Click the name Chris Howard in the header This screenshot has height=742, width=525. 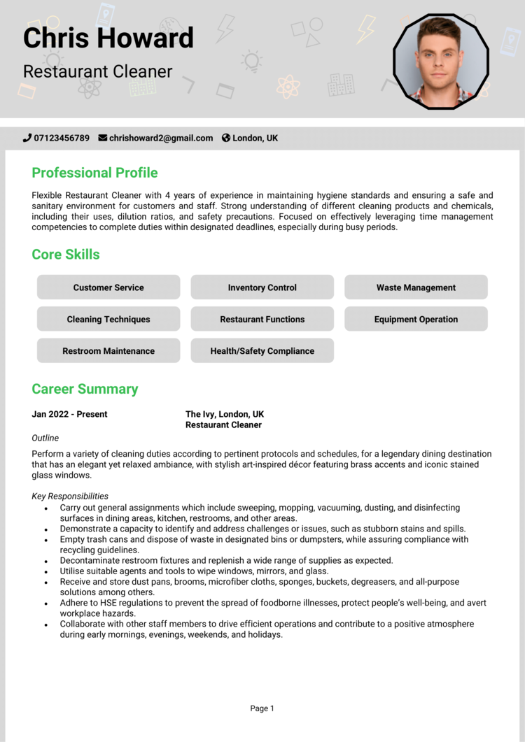[108, 37]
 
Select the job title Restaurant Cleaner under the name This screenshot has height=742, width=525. [97, 71]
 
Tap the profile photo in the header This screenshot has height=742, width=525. [440, 62]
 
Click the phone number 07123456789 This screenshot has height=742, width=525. [62, 138]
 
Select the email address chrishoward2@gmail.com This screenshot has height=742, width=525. [161, 138]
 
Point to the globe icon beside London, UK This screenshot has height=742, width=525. [226, 138]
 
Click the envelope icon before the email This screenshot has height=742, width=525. [103, 138]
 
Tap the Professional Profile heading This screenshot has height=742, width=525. [94, 173]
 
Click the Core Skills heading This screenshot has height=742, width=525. [66, 255]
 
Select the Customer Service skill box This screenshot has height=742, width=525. [108, 287]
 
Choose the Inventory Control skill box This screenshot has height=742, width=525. [262, 287]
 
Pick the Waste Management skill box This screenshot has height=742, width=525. [416, 287]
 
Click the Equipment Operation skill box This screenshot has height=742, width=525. [416, 319]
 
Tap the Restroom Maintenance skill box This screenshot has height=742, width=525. [108, 351]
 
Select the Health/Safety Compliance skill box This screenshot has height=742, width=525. [262, 351]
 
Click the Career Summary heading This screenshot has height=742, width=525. [85, 389]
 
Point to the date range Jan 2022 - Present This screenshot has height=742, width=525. [69, 414]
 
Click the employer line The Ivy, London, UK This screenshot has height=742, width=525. [225, 414]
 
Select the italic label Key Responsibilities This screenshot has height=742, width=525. [70, 496]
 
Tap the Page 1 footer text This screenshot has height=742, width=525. [262, 708]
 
